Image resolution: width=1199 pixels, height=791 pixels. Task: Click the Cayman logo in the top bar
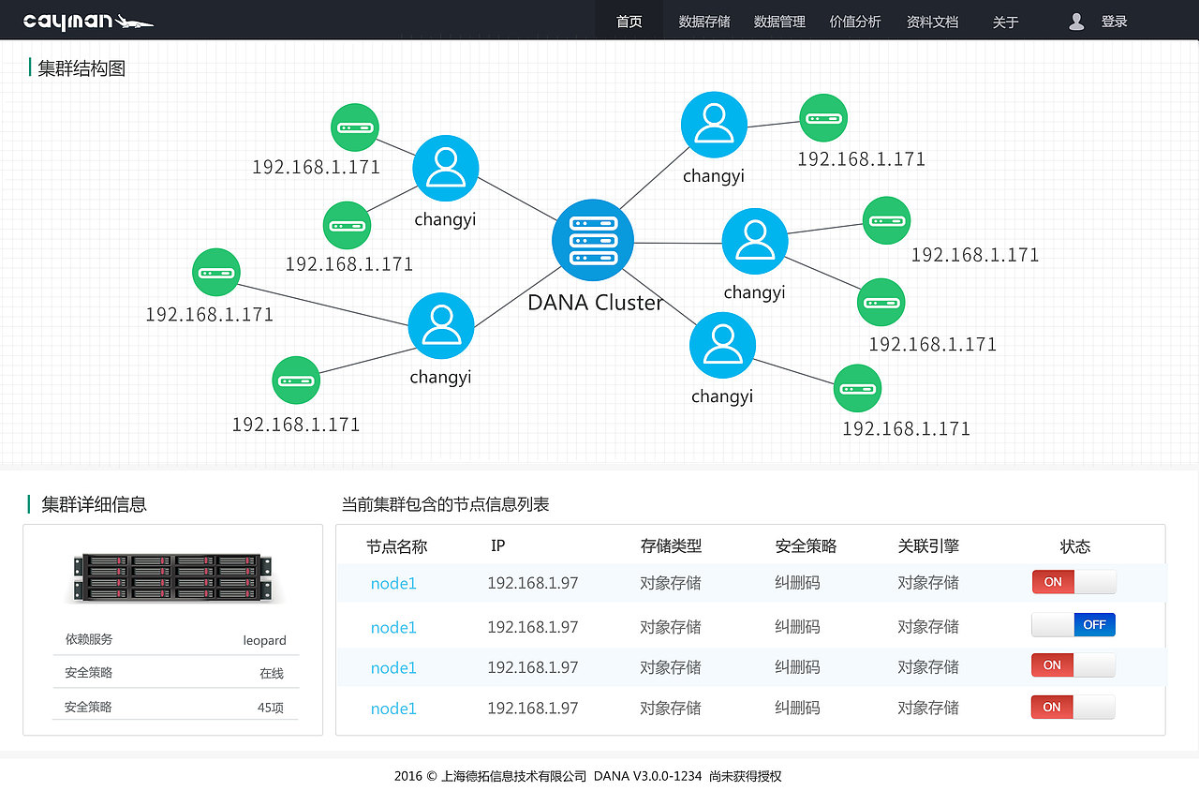[87, 21]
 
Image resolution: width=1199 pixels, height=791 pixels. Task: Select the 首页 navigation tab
[629, 22]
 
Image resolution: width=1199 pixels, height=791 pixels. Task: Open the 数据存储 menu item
[704, 22]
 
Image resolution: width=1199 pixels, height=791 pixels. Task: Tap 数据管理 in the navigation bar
[779, 22]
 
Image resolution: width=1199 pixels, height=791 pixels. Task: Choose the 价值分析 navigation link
[855, 22]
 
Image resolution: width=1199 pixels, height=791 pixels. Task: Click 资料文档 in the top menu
[932, 22]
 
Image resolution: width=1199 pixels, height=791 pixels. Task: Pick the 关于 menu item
[1005, 22]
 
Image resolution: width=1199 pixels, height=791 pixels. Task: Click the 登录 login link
[1114, 22]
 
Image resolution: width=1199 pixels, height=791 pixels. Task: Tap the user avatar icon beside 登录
[1077, 22]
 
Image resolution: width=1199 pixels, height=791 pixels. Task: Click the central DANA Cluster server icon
[593, 239]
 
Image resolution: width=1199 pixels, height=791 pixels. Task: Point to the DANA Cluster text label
[595, 303]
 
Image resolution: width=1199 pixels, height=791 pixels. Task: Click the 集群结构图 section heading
[81, 68]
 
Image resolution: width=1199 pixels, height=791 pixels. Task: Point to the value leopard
[264, 640]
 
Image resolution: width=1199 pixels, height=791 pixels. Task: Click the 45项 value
[270, 708]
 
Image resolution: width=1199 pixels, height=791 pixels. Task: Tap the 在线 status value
[271, 673]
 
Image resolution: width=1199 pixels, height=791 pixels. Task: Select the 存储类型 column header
[671, 545]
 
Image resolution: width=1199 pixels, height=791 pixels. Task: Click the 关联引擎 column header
[927, 545]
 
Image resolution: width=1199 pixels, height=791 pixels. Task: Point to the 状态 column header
[1074, 546]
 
